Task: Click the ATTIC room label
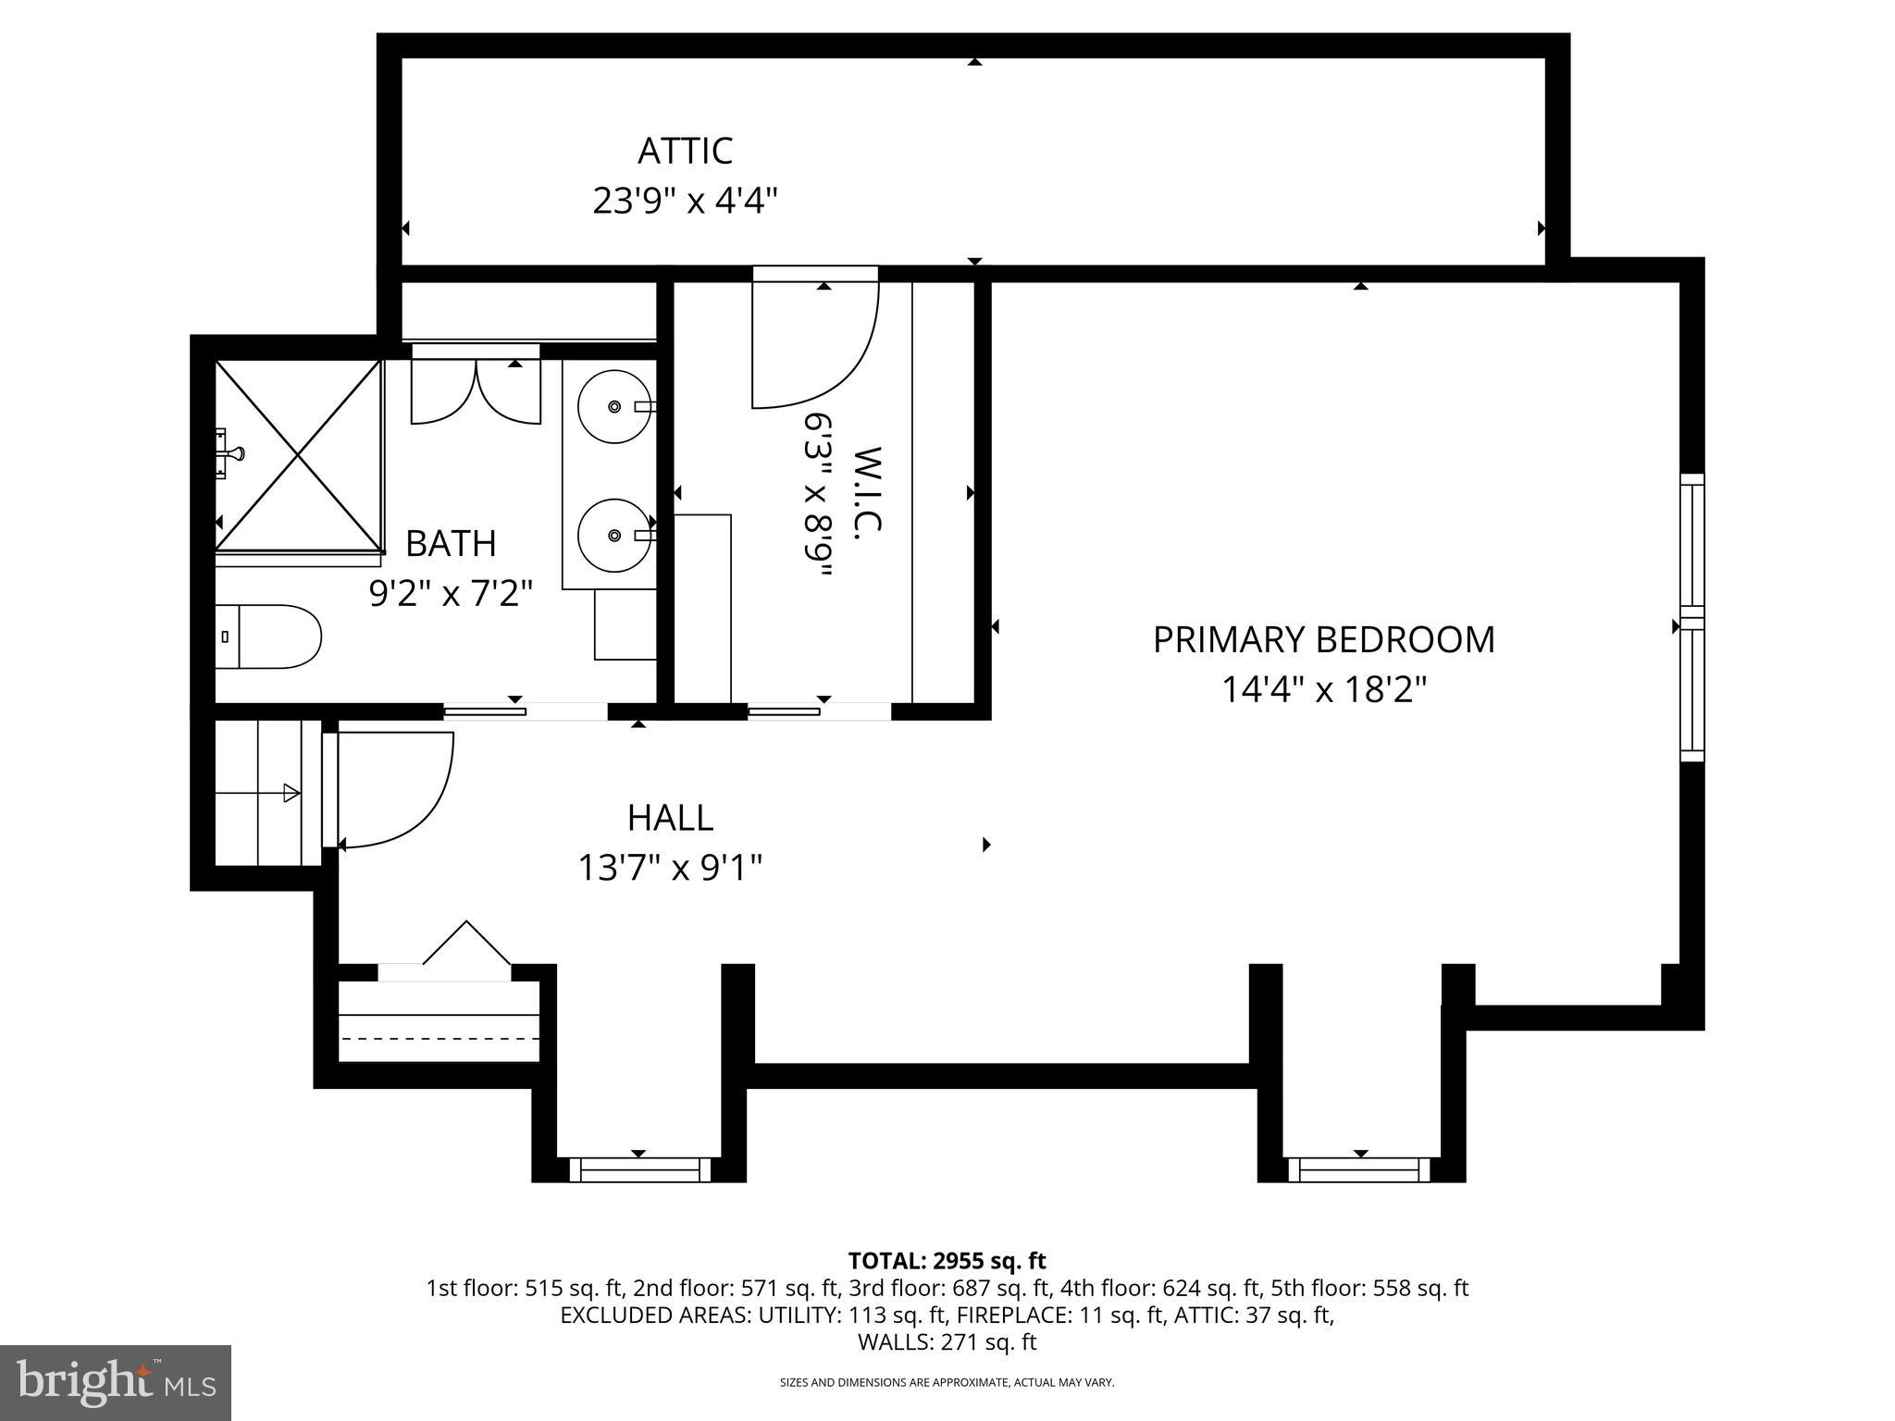pyautogui.click(x=685, y=151)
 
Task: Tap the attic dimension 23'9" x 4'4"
pyautogui.click(x=685, y=201)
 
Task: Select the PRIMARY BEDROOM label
pyautogui.click(x=1323, y=640)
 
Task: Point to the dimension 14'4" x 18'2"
pyautogui.click(x=1323, y=690)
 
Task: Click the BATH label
pyautogui.click(x=451, y=544)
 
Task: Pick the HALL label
pyautogui.click(x=670, y=818)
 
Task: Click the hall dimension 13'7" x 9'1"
pyautogui.click(x=670, y=868)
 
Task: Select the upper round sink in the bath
pyautogui.click(x=613, y=406)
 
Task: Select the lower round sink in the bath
pyautogui.click(x=613, y=535)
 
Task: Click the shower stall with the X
pyautogui.click(x=298, y=456)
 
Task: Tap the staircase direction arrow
pyautogui.click(x=290, y=793)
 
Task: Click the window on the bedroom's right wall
pyautogui.click(x=1691, y=617)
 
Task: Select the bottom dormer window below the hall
pyautogui.click(x=638, y=1169)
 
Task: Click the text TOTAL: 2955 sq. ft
pyautogui.click(x=947, y=1261)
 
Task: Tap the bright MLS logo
pyautogui.click(x=115, y=1382)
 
